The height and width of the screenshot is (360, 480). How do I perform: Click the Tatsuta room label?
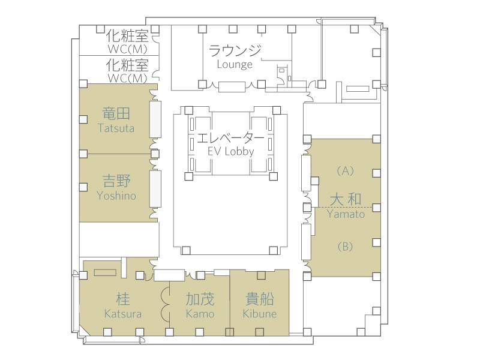point(116,128)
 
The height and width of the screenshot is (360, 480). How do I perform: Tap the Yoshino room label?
point(116,196)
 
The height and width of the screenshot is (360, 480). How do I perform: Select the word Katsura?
point(123,314)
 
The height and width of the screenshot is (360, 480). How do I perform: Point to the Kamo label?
point(200,314)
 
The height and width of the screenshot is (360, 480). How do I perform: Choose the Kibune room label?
point(260,314)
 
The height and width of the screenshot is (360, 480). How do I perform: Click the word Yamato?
point(346,214)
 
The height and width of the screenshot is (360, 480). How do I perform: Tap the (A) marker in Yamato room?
point(345,170)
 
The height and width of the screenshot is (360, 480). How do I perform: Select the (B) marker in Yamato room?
point(345,245)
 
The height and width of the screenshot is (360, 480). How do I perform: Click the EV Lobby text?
point(230,151)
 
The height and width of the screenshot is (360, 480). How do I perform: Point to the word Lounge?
point(235,64)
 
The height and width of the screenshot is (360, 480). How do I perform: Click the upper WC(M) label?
point(127,49)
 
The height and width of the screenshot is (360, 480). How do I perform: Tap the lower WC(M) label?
point(127,78)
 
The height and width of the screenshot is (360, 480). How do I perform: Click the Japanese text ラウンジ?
point(235,50)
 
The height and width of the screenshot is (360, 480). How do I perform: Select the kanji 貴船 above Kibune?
point(260,299)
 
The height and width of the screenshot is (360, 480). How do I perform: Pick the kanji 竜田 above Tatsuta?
point(116,113)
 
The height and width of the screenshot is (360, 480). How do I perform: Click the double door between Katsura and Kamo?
point(165,304)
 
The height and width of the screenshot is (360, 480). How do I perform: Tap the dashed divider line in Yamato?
point(360,206)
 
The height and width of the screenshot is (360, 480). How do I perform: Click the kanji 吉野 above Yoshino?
point(116,181)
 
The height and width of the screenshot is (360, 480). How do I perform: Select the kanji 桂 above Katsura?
point(123,299)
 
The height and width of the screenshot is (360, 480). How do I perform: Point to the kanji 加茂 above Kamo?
point(200,299)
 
